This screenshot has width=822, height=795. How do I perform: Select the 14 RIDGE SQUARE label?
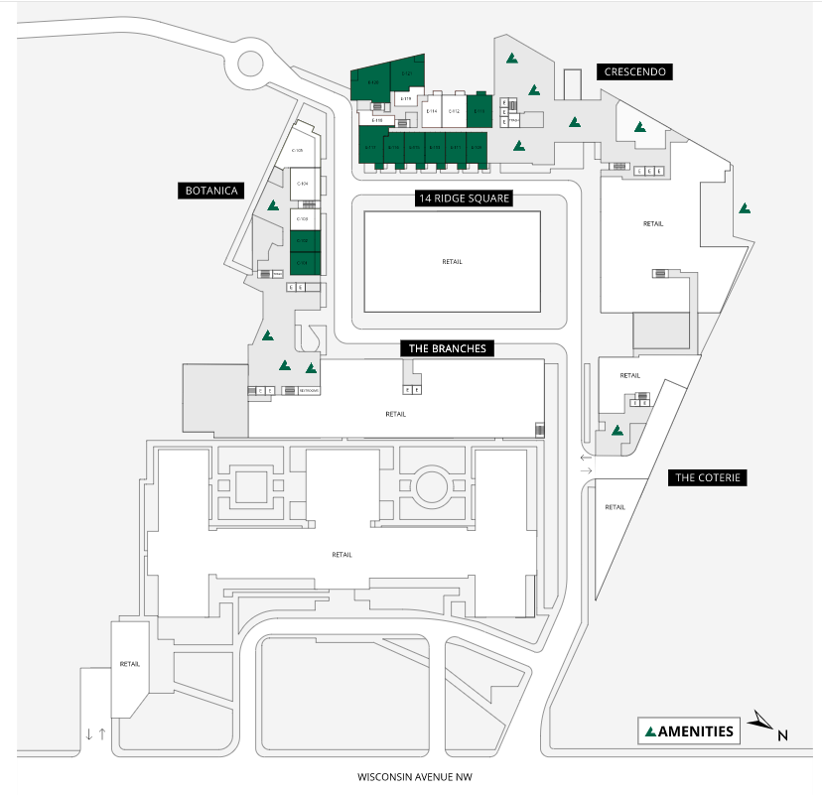point(463,199)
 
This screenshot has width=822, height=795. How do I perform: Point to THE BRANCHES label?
point(447,348)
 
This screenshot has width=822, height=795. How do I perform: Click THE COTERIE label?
point(708,477)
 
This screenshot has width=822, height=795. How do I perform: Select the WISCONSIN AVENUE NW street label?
point(410,777)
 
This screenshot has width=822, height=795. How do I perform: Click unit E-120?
point(372,82)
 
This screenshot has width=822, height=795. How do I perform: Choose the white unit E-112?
point(454,111)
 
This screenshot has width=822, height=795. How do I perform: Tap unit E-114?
point(432,111)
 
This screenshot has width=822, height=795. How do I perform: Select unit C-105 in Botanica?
point(297,150)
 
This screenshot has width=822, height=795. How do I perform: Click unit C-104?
point(302,184)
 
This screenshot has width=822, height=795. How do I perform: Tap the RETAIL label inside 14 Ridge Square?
point(453,261)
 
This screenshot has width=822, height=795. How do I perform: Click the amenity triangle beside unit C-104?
point(273,205)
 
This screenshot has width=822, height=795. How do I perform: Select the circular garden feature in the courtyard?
point(431,485)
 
